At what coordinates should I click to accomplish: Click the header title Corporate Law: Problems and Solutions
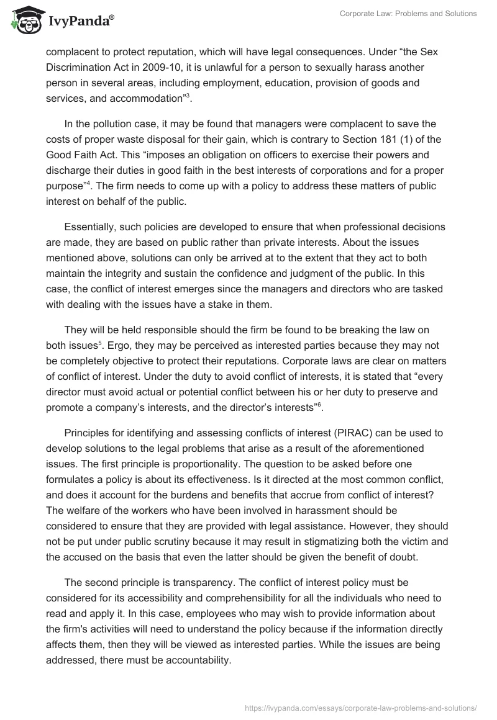click(408, 14)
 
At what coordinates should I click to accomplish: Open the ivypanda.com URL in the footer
click(362, 707)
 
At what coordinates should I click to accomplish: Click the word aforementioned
click(385, 448)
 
